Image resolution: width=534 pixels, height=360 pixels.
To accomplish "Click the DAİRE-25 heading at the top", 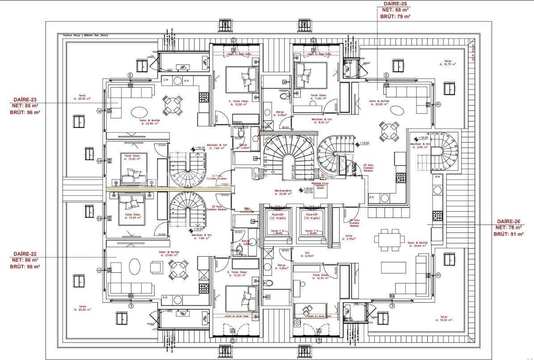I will pos(395,3).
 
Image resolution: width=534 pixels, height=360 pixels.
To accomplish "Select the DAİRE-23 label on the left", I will pos(25,100).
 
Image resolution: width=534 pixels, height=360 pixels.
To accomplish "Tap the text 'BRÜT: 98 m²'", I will pos(25,267).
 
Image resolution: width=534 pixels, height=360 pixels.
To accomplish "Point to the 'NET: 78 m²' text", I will pos(509,228).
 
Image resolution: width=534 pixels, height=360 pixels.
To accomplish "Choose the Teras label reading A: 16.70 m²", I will pos(447,63).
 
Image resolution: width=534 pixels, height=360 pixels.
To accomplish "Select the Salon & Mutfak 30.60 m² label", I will pos(418,245).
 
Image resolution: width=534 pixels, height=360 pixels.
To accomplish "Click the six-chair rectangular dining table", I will pos(387,237).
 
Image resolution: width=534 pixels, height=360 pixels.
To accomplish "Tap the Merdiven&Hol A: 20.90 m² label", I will pos(286,192).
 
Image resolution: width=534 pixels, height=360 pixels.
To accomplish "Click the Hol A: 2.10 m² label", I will pos(307,254).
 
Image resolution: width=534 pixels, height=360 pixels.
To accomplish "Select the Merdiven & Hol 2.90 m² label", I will pos(421,145).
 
